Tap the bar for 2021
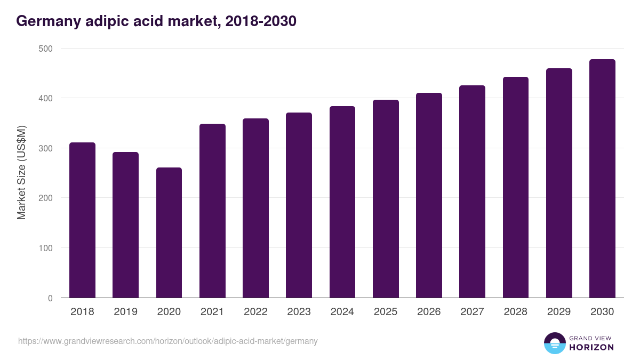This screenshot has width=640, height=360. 212,211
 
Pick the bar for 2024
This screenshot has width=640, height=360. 342,202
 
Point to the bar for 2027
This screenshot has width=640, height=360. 472,191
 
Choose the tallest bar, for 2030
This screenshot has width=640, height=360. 602,179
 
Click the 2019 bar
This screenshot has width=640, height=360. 125,225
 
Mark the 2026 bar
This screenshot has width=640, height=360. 429,195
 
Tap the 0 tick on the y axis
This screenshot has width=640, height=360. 50,298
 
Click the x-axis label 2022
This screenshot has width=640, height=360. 255,312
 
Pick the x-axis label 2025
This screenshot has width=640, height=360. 386,312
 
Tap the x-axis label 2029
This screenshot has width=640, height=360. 559,312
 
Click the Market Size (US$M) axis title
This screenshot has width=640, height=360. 21,173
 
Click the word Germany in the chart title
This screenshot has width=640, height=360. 49,21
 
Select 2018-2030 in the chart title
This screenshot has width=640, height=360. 261,21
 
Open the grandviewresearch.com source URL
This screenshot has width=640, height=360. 168,341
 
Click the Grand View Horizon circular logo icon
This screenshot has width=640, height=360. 554,343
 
